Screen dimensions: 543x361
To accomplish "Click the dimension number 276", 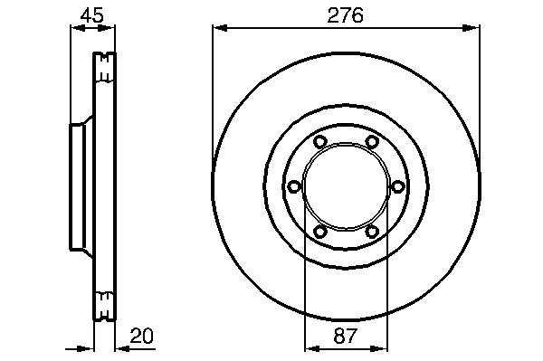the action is (346, 15).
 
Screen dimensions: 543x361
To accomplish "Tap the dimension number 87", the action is (346, 336).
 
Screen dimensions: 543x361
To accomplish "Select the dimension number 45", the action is (92, 15).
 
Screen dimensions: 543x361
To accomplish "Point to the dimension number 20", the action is (141, 336).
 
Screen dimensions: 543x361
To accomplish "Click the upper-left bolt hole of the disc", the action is (320, 141).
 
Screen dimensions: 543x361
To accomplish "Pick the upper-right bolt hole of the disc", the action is (372, 141).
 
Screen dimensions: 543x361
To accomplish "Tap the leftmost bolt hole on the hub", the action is (294, 187).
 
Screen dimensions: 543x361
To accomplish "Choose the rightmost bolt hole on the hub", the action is (397, 187).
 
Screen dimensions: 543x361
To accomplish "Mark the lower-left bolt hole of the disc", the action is (320, 232).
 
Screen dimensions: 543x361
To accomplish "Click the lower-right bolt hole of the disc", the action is (372, 232).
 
